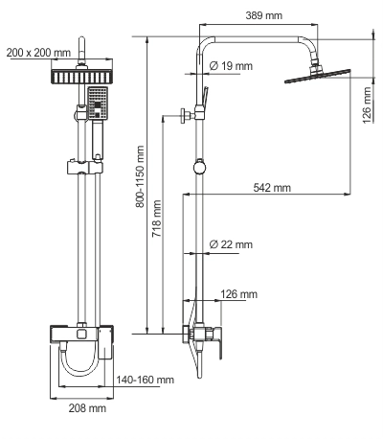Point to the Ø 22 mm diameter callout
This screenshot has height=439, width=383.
point(230,245)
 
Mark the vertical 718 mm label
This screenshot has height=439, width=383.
point(159,222)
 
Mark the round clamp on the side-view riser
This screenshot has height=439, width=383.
point(198,165)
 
